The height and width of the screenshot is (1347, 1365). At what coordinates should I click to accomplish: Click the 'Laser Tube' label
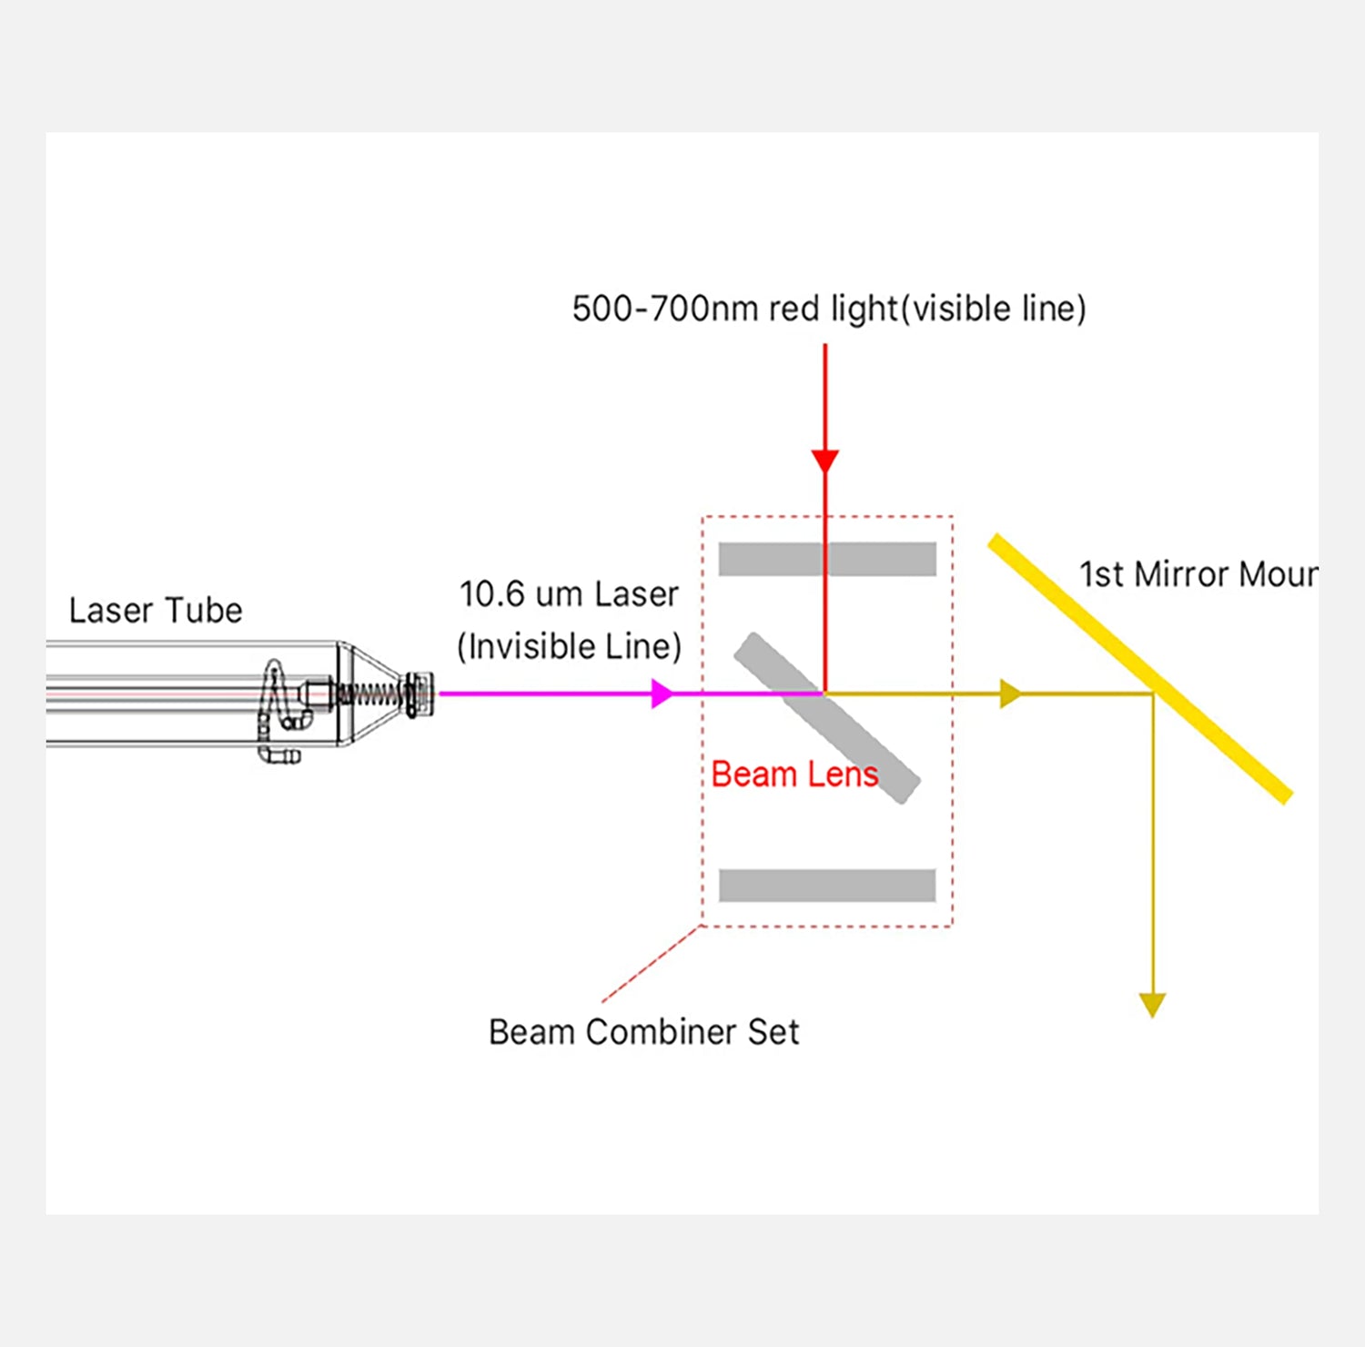(x=156, y=610)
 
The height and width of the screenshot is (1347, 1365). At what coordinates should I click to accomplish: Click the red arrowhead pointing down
(x=825, y=461)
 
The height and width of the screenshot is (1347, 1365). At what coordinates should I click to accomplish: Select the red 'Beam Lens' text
(x=794, y=774)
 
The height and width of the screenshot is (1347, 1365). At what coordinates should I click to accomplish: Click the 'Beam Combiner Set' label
(x=643, y=1032)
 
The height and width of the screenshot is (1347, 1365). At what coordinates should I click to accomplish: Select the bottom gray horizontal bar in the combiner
(x=827, y=885)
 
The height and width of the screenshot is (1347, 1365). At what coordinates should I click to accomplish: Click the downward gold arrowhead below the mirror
(x=1152, y=1004)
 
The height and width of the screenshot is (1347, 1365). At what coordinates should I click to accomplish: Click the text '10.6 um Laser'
(x=569, y=594)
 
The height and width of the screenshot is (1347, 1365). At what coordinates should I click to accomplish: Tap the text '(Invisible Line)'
(x=569, y=647)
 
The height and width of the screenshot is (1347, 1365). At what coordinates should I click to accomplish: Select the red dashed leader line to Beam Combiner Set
(x=651, y=965)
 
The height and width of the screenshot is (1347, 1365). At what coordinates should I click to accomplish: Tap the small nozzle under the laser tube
(x=279, y=755)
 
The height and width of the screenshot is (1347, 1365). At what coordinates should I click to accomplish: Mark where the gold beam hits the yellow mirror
(x=1152, y=694)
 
